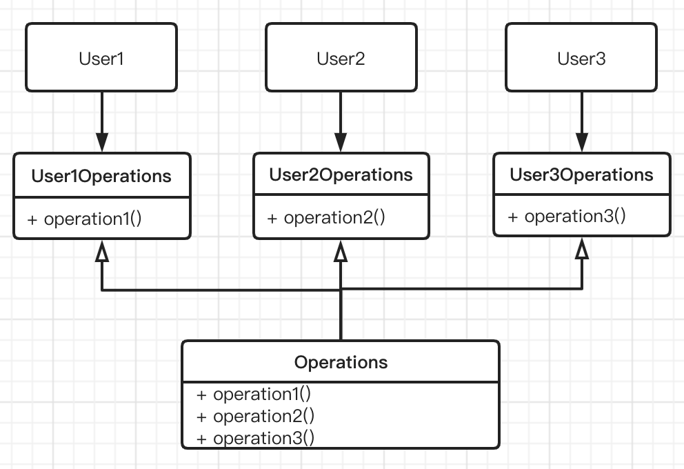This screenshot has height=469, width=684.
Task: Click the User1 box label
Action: click(101, 59)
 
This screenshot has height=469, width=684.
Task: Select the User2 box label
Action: click(341, 59)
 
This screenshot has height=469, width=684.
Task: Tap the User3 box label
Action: click(581, 59)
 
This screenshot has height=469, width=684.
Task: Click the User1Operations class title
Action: click(101, 176)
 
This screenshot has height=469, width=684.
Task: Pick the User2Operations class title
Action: click(341, 174)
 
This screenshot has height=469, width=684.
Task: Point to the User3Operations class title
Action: click(581, 174)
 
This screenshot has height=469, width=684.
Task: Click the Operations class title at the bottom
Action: click(341, 362)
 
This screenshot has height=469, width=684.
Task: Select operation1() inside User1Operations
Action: click(92, 219)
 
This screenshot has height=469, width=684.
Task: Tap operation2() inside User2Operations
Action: click(334, 217)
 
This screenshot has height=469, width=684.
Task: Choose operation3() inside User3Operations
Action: click(575, 216)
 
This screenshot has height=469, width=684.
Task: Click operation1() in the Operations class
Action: click(262, 394)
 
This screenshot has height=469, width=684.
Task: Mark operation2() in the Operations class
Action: click(263, 416)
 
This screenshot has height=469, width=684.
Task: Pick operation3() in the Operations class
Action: click(263, 438)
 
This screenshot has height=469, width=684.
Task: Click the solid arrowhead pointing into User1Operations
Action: click(101, 143)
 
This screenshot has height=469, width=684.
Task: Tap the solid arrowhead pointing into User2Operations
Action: click(340, 143)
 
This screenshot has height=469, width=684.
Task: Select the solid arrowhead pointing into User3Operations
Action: click(582, 143)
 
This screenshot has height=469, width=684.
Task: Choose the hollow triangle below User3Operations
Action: click(582, 249)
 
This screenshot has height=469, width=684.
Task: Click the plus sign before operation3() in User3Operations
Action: click(512, 217)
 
